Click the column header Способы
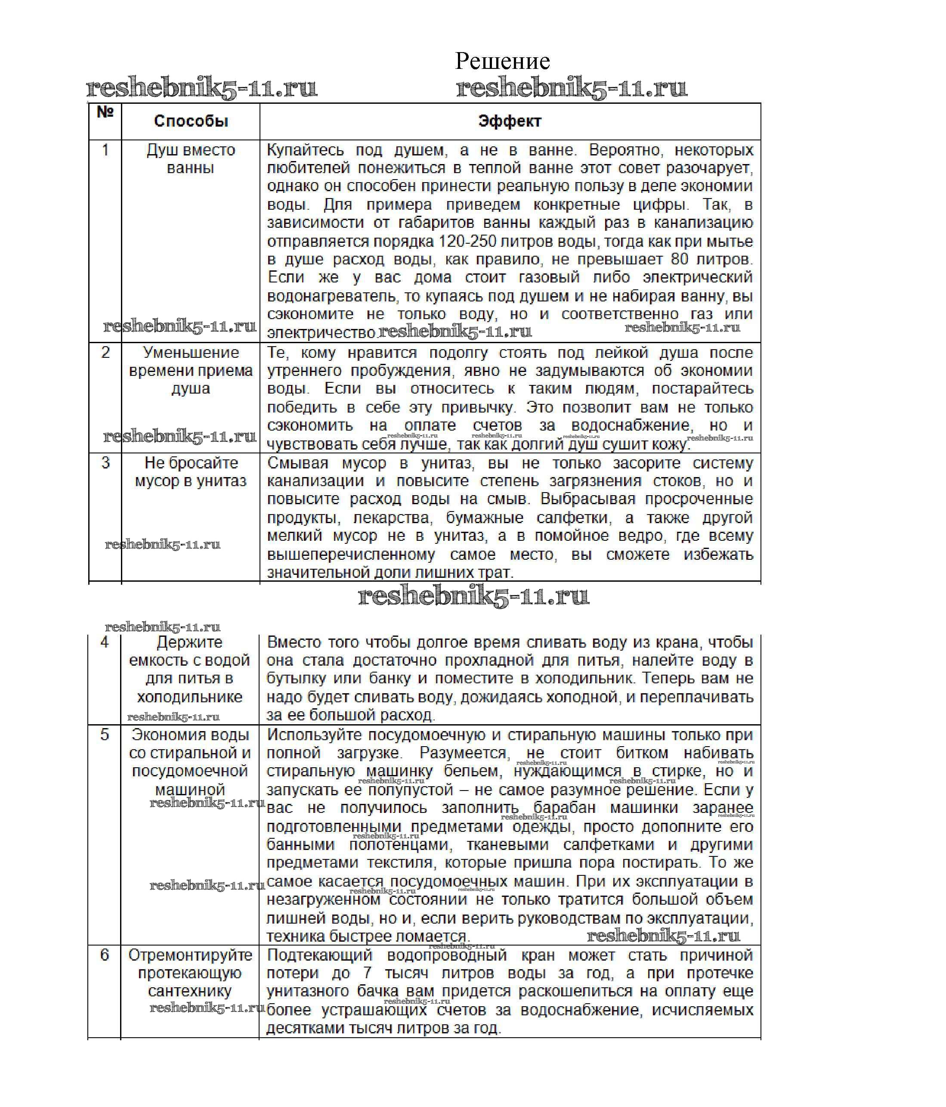click(191, 121)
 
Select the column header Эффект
click(510, 121)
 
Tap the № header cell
click(105, 112)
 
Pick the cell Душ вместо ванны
click(191, 159)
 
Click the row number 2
click(106, 353)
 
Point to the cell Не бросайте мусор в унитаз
click(191, 472)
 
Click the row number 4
click(105, 642)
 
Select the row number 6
click(105, 955)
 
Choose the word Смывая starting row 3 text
click(297, 463)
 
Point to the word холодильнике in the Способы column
click(190, 697)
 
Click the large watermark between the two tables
click(473, 596)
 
